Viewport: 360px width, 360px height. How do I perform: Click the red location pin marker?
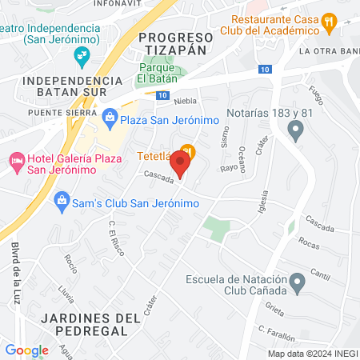click(x=181, y=164)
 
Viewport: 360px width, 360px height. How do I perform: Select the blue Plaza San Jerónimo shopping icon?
click(x=110, y=120)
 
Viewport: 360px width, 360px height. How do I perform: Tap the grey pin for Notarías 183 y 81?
click(x=297, y=130)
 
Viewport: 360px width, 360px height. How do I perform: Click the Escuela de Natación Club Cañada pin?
click(x=297, y=279)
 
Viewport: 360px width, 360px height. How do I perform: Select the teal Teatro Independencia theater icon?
click(x=81, y=54)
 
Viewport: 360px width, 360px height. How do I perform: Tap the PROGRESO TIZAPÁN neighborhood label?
click(x=176, y=43)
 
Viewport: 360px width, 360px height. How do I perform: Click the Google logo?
click(x=26, y=350)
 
